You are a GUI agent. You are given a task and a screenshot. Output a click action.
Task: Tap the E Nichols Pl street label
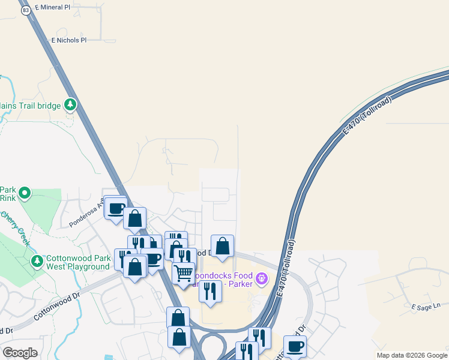[69, 40]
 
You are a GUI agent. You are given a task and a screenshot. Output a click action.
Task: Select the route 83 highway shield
[25, 10]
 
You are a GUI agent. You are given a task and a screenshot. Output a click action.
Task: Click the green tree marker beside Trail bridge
[71, 106]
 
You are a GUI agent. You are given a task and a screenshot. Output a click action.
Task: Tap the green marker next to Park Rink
[25, 193]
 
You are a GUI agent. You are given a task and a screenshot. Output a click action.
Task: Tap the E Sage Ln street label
[426, 307]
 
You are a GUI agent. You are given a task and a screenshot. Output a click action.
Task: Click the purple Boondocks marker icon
[261, 279]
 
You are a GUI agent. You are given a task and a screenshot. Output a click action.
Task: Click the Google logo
[20, 352]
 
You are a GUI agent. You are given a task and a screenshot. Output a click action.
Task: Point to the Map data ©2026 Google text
[412, 355]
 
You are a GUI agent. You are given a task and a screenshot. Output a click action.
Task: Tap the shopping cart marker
[184, 273]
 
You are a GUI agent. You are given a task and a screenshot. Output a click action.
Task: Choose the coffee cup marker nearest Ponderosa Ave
[115, 208]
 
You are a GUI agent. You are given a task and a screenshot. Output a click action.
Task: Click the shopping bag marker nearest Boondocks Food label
[222, 246]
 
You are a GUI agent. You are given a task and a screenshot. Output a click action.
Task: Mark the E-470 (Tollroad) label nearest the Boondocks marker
[287, 267]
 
